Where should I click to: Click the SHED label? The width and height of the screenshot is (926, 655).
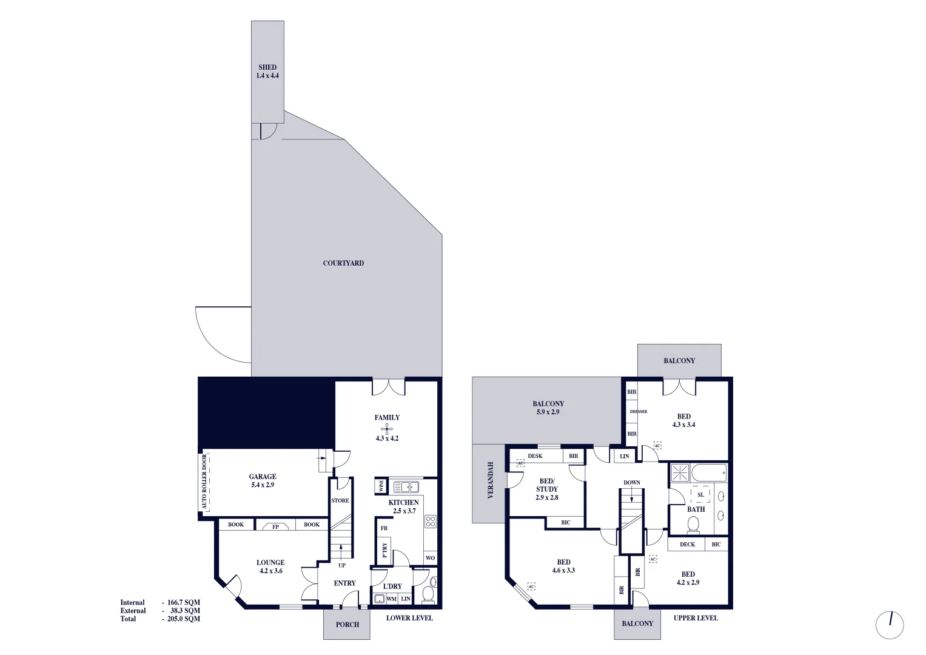click(x=267, y=67)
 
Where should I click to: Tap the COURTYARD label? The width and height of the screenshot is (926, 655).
click(x=343, y=263)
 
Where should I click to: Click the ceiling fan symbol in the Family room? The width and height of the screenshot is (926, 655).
click(x=387, y=428)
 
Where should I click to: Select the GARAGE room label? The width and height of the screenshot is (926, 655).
click(x=263, y=477)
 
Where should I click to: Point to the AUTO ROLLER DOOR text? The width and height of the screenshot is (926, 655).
click(x=204, y=483)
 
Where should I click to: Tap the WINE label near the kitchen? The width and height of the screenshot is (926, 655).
click(x=381, y=486)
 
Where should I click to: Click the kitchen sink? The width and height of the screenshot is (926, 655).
click(x=406, y=486)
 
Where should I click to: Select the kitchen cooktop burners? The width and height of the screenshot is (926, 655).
click(x=430, y=522)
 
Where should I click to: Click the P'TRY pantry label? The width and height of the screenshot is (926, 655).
click(x=384, y=549)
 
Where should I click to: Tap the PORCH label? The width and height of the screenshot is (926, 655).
click(x=347, y=624)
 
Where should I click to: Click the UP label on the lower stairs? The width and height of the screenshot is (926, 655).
click(x=342, y=565)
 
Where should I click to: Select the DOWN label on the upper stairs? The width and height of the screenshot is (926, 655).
click(x=632, y=483)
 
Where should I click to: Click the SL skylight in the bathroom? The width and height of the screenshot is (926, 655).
click(x=700, y=495)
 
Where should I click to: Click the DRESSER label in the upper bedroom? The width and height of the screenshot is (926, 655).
click(x=639, y=412)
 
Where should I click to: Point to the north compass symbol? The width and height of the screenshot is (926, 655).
click(x=890, y=624)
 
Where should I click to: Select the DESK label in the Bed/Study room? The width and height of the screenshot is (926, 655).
click(x=535, y=456)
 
